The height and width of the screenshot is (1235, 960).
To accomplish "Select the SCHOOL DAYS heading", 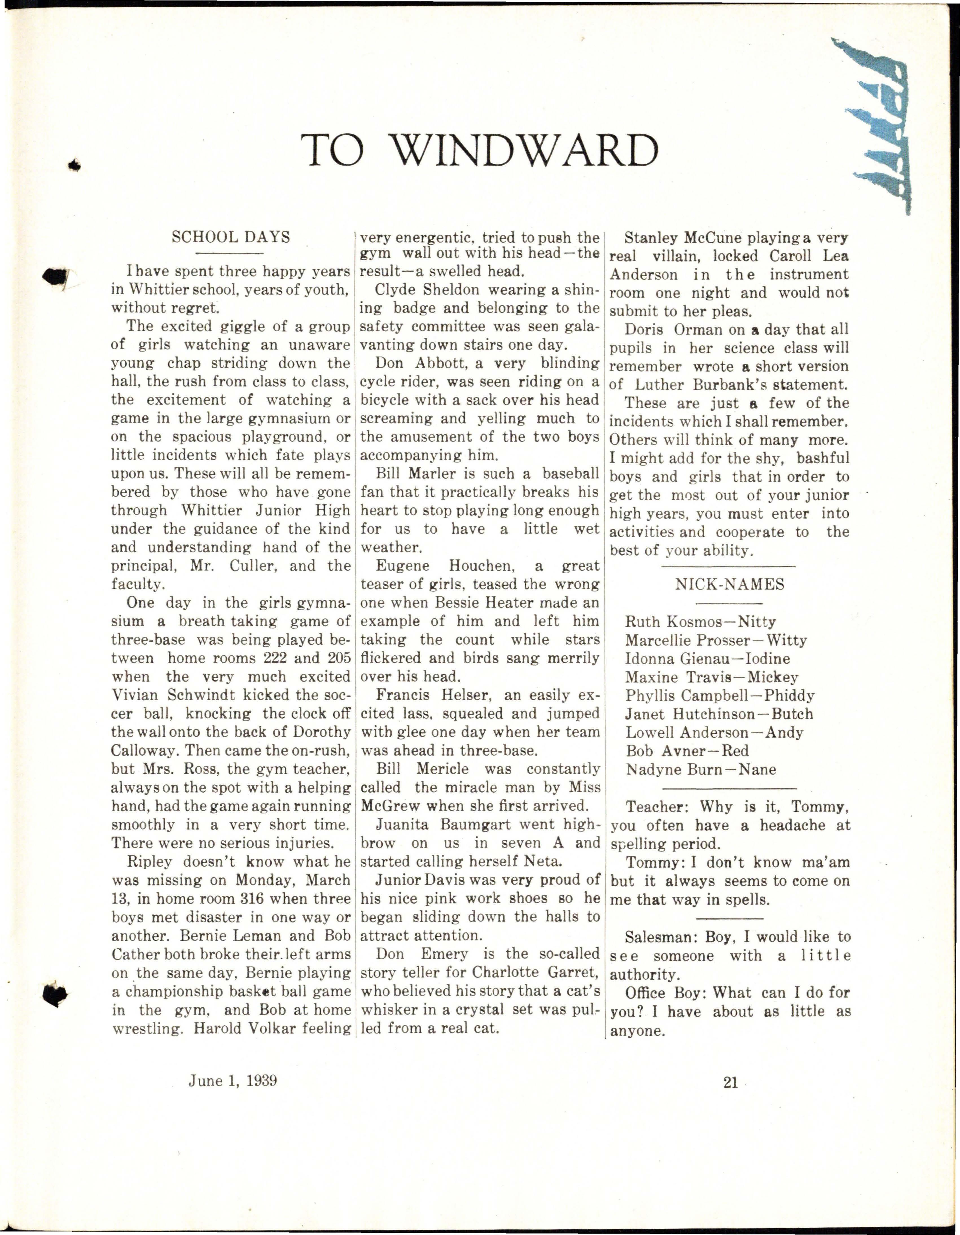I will point(231,237).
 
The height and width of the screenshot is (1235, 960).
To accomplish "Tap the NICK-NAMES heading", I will point(729,584).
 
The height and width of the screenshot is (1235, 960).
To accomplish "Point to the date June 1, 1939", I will point(233,1081).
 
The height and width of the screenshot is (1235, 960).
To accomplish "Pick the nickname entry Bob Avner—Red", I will point(687,751).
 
